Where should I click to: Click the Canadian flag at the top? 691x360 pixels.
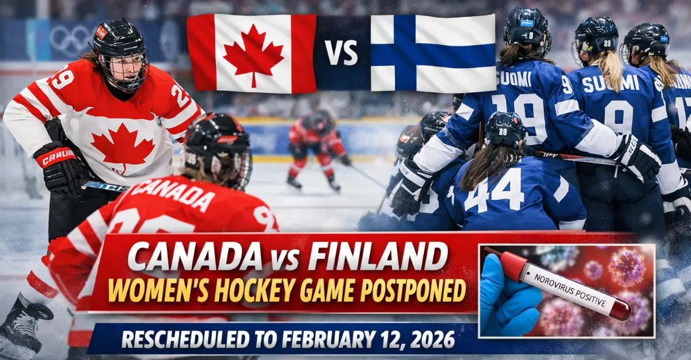tap(252, 53)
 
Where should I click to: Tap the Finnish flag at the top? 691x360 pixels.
tap(433, 53)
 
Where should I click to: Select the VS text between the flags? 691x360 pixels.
tap(342, 53)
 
